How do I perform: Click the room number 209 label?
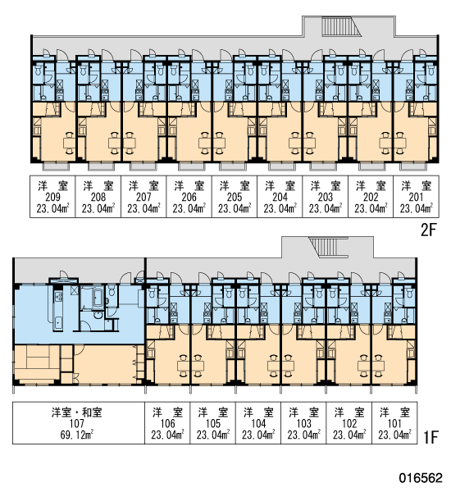tap(52, 197)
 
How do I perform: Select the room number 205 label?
tap(235, 197)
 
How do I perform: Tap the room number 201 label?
tap(416, 197)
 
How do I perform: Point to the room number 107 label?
tap(77, 424)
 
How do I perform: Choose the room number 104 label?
tap(258, 424)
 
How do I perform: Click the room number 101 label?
tap(394, 424)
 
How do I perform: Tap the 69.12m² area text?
tap(77, 435)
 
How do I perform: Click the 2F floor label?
tap(428, 230)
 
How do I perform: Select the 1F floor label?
tap(430, 437)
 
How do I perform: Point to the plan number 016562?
tap(421, 478)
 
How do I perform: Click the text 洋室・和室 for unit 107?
tap(77, 412)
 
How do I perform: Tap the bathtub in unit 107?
tap(97, 298)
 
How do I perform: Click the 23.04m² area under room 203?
tap(326, 208)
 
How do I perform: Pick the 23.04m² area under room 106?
tap(167, 435)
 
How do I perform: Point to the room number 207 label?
tap(143, 197)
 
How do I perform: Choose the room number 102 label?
tap(349, 424)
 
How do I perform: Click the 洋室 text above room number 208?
tap(98, 186)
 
